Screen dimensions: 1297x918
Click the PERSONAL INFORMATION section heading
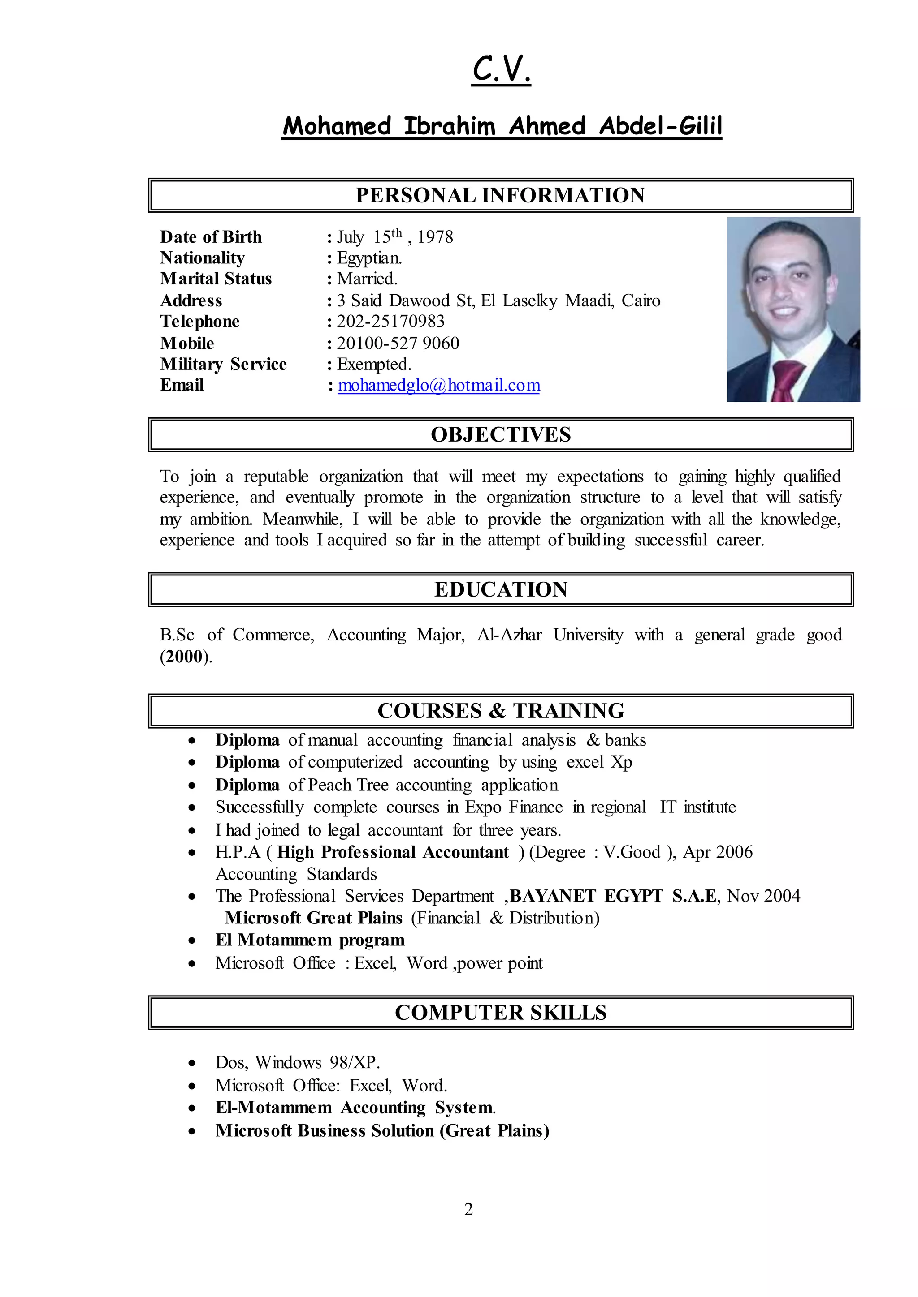tap(500, 195)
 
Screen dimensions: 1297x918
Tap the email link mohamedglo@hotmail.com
tap(439, 385)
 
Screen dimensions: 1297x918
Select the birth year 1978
tap(435, 237)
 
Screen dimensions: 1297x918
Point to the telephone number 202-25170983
tap(390, 322)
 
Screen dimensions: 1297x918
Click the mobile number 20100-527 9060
tap(398, 344)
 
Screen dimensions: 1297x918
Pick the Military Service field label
tap(223, 365)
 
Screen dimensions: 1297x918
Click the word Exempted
tap(374, 365)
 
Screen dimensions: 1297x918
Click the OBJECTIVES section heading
tap(500, 435)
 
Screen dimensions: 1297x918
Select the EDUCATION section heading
tap(500, 590)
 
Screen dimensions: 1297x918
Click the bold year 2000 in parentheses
tap(184, 657)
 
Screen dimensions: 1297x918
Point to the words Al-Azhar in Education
tap(509, 635)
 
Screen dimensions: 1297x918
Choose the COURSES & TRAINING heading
tap(500, 711)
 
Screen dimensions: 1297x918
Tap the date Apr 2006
tap(718, 852)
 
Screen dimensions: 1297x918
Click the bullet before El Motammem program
tap(192, 941)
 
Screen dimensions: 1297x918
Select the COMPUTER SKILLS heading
tap(500, 1013)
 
